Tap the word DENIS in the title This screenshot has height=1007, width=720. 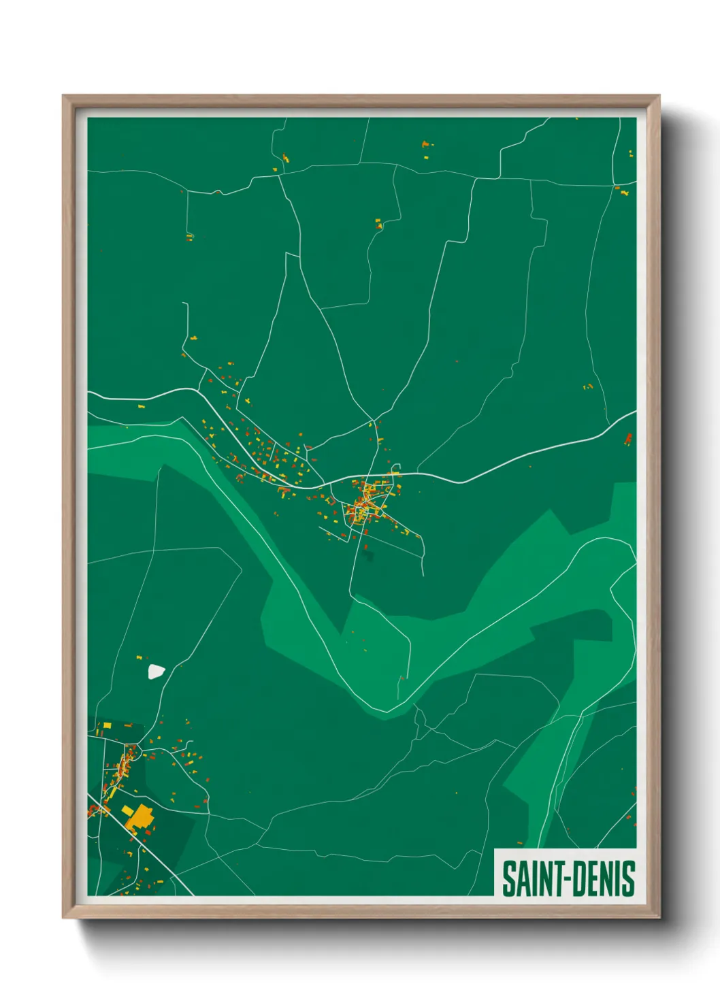[602, 878]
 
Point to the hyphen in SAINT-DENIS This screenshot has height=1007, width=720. [563, 878]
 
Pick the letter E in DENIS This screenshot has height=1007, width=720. [591, 878]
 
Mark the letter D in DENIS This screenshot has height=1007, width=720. [576, 878]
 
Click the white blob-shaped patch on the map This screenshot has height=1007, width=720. [157, 672]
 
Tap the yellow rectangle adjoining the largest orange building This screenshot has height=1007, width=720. [127, 810]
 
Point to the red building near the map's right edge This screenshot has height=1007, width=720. [627, 439]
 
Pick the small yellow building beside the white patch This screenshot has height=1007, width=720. [139, 658]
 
